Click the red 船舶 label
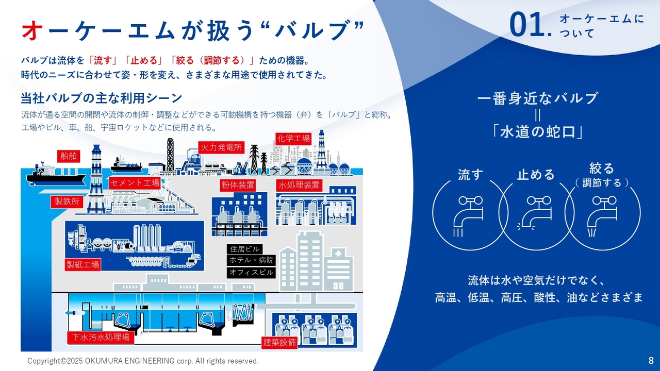[x=69, y=156]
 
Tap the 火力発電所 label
[x=221, y=147]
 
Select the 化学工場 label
[x=293, y=139]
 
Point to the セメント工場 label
[x=135, y=183]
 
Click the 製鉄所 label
[x=67, y=201]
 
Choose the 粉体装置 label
[x=238, y=185]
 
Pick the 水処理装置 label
[x=299, y=185]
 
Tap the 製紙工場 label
[x=83, y=264]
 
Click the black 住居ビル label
[x=244, y=249]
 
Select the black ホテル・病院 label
[x=251, y=260]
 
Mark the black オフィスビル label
[x=251, y=273]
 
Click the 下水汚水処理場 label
[x=101, y=338]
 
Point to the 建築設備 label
[x=279, y=343]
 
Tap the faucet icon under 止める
[x=535, y=213]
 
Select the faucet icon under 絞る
[x=602, y=216]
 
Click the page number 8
[x=651, y=360]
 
